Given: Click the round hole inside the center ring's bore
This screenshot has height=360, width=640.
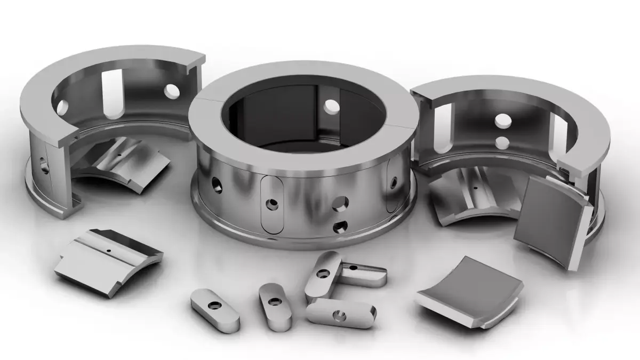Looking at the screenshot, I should (x=331, y=106).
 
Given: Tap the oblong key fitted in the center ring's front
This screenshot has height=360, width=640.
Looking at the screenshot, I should (x=273, y=204).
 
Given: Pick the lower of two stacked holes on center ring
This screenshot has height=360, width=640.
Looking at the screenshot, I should (x=338, y=228).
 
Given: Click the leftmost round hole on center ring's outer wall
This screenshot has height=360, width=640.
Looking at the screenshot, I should (x=217, y=186).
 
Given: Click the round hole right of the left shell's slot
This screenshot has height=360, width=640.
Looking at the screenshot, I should (x=172, y=91).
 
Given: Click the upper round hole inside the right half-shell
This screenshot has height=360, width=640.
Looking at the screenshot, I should (x=502, y=121).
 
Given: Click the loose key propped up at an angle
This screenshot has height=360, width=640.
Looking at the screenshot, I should (x=323, y=276).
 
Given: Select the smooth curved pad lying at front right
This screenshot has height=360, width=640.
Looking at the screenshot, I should (x=469, y=291).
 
